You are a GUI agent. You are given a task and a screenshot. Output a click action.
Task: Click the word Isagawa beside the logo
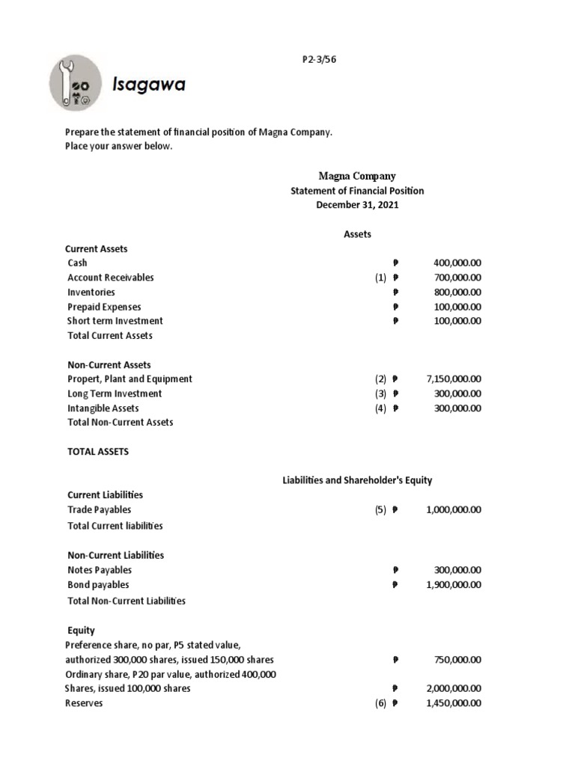(x=148, y=85)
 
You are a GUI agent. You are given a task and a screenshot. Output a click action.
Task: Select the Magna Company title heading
(x=356, y=176)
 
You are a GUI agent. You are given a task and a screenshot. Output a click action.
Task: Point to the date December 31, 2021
(x=356, y=205)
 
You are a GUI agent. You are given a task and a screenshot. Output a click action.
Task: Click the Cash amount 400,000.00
(x=457, y=263)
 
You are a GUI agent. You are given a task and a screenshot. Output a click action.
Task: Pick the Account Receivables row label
(x=111, y=278)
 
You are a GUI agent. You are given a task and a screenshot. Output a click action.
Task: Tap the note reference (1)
(x=381, y=278)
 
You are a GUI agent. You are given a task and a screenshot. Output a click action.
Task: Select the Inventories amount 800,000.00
(x=457, y=292)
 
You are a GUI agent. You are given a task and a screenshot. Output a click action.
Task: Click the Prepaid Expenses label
(x=104, y=307)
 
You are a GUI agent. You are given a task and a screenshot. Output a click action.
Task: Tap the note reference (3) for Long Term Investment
(x=381, y=393)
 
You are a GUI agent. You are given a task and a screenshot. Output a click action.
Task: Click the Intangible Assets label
(x=103, y=408)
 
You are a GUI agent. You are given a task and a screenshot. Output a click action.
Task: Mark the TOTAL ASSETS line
(x=98, y=452)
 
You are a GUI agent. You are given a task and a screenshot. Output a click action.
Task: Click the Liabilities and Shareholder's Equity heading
(x=356, y=480)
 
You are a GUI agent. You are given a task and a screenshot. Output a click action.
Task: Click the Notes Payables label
(x=100, y=570)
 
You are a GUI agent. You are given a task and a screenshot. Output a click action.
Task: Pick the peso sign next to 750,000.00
(x=395, y=660)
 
